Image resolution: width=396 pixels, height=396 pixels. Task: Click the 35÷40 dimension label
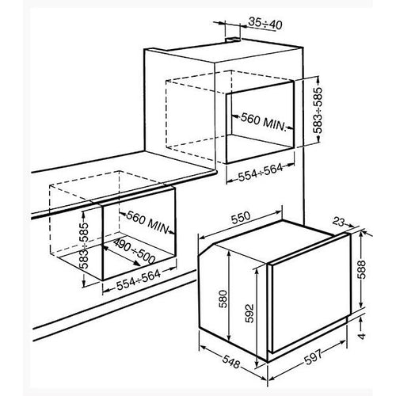pos(265,24)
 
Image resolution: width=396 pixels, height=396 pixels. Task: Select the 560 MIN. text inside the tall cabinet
pos(264,122)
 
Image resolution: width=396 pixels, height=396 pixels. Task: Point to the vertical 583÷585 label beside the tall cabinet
pos(318,110)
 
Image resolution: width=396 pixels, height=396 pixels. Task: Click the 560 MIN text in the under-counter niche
pos(147,223)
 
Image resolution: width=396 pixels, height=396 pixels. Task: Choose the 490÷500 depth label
pos(134,252)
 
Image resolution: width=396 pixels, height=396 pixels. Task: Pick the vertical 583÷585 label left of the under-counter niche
pos(86,246)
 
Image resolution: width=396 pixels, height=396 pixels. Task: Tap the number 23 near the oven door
pos(339,222)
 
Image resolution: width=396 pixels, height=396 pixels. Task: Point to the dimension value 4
pos(362,336)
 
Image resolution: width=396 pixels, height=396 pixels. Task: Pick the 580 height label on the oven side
pos(223,299)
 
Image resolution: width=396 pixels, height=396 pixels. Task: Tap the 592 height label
pos(249,314)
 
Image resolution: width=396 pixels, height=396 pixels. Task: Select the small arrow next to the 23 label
pos(349,226)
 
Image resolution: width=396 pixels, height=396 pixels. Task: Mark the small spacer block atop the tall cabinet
pos(233,40)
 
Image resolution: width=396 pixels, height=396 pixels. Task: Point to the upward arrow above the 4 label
pos(362,322)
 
